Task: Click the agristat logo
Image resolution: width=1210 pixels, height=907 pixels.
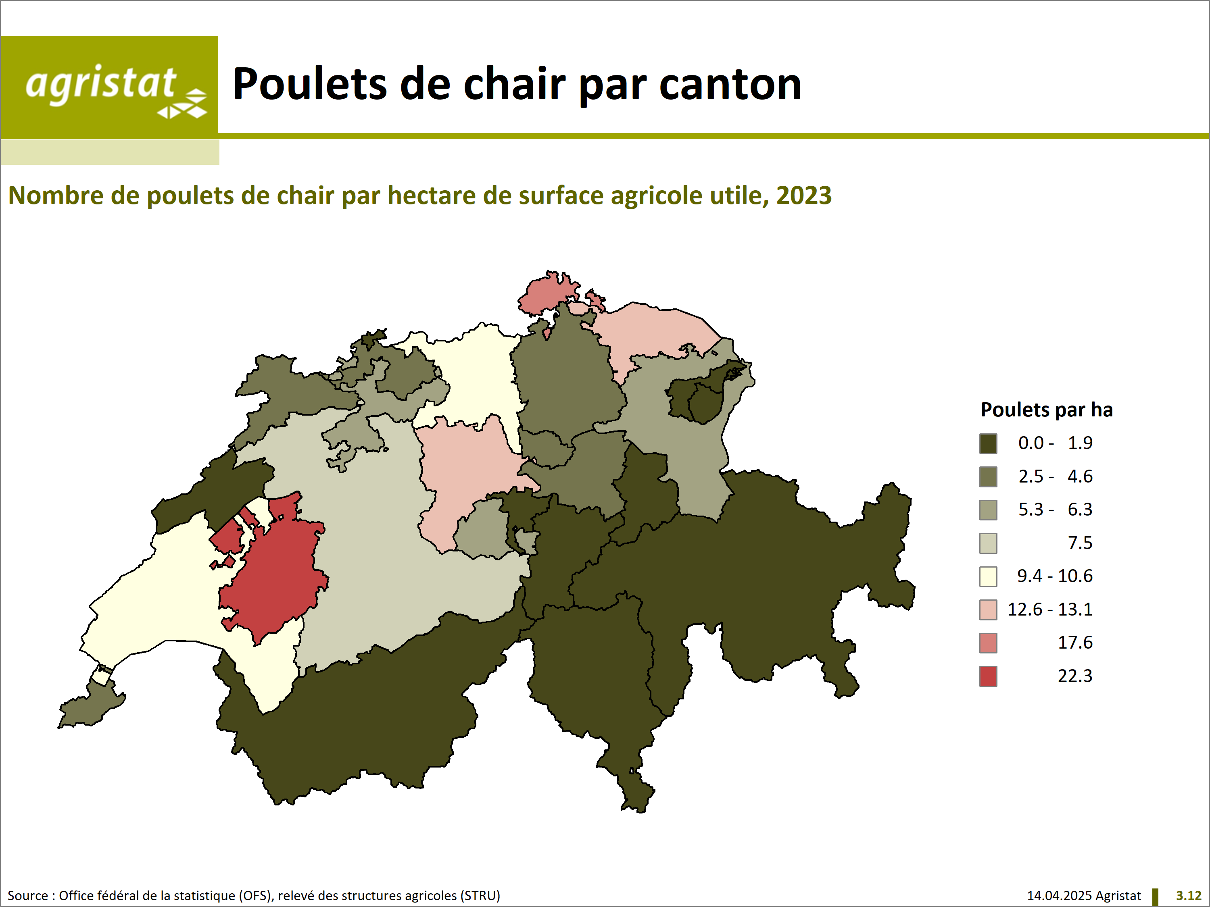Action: pyautogui.click(x=109, y=87)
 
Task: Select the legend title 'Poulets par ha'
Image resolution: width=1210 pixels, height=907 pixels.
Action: pyautogui.click(x=1046, y=410)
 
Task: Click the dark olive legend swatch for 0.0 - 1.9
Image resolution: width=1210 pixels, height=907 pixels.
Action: pyautogui.click(x=988, y=443)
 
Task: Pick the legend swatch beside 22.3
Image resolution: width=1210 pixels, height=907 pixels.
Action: pyautogui.click(x=988, y=676)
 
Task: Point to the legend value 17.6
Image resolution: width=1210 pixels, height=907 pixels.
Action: pyautogui.click(x=1075, y=643)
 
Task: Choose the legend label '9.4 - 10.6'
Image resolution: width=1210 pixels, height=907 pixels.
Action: pyautogui.click(x=1055, y=576)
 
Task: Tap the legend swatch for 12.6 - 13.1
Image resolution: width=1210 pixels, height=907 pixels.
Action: pyautogui.click(x=988, y=610)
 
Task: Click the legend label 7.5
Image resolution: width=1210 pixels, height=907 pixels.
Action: pyautogui.click(x=1080, y=543)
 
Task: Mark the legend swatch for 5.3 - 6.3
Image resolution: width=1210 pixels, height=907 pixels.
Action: pyautogui.click(x=988, y=510)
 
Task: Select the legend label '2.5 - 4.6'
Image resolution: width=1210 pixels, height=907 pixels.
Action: pyautogui.click(x=1055, y=476)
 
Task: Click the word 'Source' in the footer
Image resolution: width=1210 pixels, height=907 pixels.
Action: pyautogui.click(x=28, y=896)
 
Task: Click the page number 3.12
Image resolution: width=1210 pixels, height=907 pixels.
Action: pyautogui.click(x=1189, y=896)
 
